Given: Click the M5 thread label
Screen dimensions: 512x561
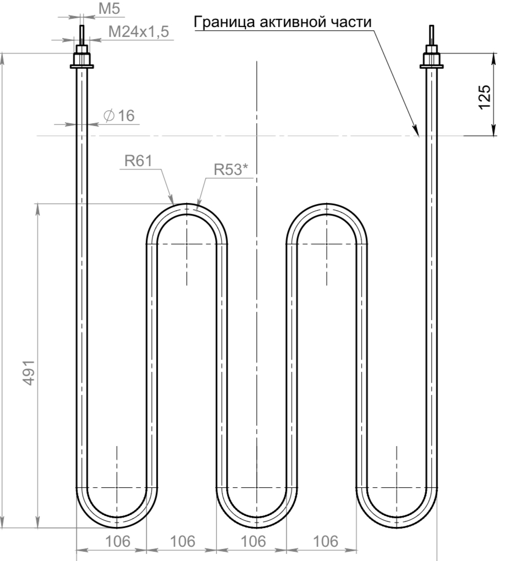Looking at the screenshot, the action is click(109, 9).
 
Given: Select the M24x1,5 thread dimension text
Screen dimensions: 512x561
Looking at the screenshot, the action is click(139, 32).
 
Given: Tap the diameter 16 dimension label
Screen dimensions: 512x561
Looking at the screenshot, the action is click(119, 116).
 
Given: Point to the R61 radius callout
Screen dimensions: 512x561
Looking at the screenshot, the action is click(139, 161).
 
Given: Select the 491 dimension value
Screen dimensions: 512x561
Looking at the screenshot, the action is click(29, 373).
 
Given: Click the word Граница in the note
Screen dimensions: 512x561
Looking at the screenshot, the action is click(224, 22).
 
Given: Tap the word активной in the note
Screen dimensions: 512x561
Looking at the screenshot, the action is click(293, 22).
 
